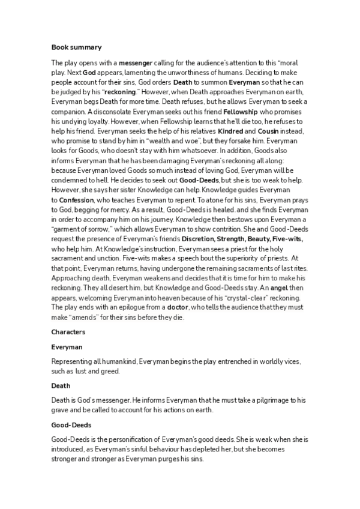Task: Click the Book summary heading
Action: (x=76, y=47)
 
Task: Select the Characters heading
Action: (x=68, y=331)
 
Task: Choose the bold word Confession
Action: (x=76, y=199)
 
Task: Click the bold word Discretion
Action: (x=202, y=238)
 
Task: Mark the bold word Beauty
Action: (x=258, y=238)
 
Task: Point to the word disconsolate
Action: (x=115, y=112)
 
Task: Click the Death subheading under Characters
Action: (x=61, y=385)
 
